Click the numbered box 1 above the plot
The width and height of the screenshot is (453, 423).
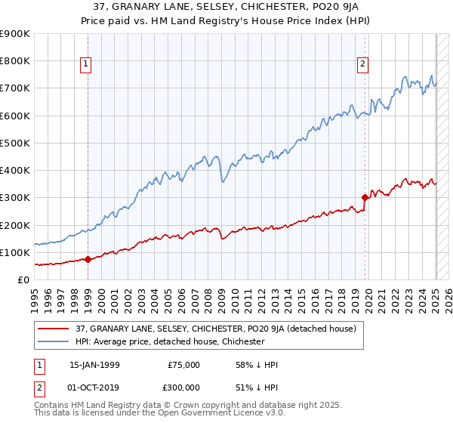point(88,64)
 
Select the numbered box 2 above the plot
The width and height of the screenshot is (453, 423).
point(363,64)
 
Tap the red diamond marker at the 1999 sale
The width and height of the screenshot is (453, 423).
point(88,259)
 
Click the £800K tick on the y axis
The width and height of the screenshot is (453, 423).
point(15,61)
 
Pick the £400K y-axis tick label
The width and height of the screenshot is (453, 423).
point(15,171)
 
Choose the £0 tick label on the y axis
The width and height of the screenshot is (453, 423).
point(23,280)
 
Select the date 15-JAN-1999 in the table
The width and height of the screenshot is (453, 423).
point(94,365)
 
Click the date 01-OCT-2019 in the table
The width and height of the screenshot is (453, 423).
point(94,387)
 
